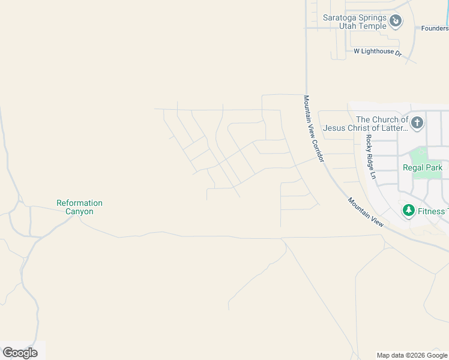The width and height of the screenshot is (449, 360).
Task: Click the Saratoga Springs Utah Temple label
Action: [355, 22]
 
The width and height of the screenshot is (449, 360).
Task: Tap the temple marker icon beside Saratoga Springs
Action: [396, 22]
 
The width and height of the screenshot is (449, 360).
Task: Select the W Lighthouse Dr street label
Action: [378, 52]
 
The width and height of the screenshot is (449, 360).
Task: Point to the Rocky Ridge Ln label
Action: [370, 156]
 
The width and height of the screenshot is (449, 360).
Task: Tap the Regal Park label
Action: [423, 168]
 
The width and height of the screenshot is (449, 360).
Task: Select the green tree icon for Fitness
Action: [409, 211]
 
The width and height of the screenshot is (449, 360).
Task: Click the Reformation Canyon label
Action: [79, 207]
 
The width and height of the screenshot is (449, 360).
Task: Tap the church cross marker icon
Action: [417, 124]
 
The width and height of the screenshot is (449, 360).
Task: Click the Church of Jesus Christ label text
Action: [366, 124]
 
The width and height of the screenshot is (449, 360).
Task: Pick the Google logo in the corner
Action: [20, 352]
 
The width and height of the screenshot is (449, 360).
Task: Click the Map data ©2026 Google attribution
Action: [412, 355]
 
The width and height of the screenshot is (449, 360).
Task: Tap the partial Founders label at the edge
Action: [435, 28]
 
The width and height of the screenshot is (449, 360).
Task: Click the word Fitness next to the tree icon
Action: [432, 211]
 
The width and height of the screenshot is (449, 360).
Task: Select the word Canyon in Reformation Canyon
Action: [79, 211]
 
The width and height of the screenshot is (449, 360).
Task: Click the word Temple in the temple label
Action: [372, 26]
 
